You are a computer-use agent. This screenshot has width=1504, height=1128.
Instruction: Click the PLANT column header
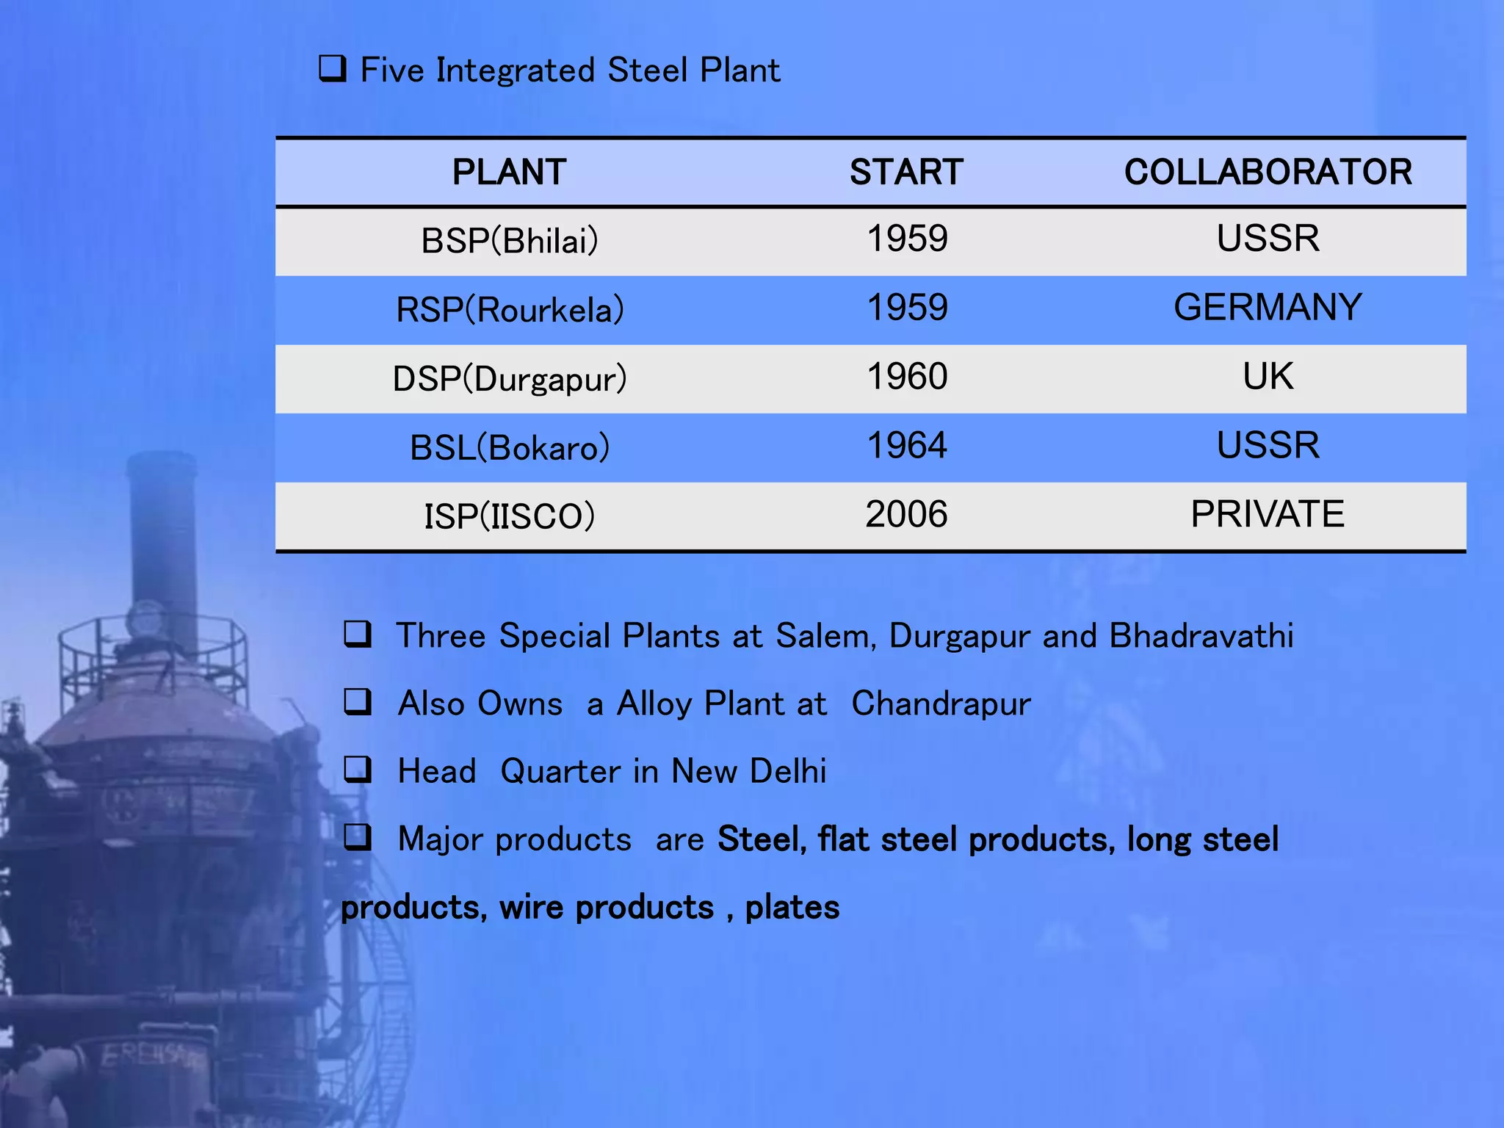(x=509, y=173)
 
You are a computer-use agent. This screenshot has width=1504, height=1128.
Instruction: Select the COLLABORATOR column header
(x=1268, y=173)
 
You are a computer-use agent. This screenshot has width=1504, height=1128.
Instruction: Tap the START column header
(x=906, y=173)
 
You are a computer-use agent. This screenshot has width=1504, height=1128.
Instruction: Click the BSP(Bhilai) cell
(x=510, y=241)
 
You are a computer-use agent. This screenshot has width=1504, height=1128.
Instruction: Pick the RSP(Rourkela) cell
(x=510, y=310)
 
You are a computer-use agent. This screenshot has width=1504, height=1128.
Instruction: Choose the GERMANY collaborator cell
(x=1268, y=307)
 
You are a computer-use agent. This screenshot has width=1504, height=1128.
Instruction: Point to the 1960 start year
(x=907, y=377)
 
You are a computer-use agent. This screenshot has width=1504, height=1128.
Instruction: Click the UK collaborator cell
(x=1268, y=377)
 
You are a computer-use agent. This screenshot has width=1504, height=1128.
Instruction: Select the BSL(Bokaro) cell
(x=510, y=448)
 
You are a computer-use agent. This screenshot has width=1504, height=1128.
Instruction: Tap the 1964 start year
(x=907, y=446)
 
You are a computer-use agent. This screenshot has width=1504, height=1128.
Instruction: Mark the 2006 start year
(x=906, y=514)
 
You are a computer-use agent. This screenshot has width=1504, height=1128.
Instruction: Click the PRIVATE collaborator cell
(x=1268, y=514)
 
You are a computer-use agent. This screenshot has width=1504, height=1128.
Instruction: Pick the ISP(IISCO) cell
(x=509, y=516)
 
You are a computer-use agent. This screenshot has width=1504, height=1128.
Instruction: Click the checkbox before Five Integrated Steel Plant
(x=333, y=69)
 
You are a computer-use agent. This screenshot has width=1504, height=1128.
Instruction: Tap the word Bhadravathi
(x=1201, y=636)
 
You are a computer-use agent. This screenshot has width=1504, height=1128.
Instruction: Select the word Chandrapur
(x=941, y=704)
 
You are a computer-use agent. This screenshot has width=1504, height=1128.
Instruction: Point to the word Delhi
(x=788, y=771)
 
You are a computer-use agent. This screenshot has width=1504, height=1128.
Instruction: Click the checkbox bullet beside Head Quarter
(x=358, y=770)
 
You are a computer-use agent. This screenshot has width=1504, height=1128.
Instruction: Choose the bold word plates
(x=792, y=908)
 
